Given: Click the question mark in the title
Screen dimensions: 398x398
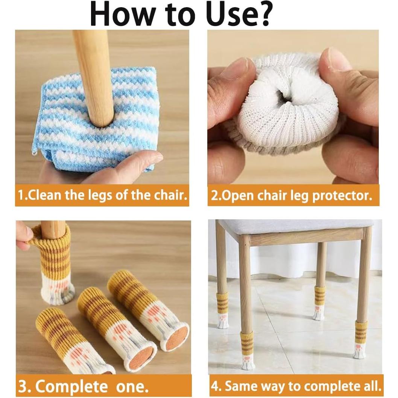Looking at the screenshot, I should tap(262, 14).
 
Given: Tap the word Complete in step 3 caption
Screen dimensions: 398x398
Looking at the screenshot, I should tap(71, 386).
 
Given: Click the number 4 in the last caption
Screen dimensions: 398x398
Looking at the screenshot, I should tap(216, 386).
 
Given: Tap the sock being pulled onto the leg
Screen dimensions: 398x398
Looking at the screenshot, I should tap(56, 263).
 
